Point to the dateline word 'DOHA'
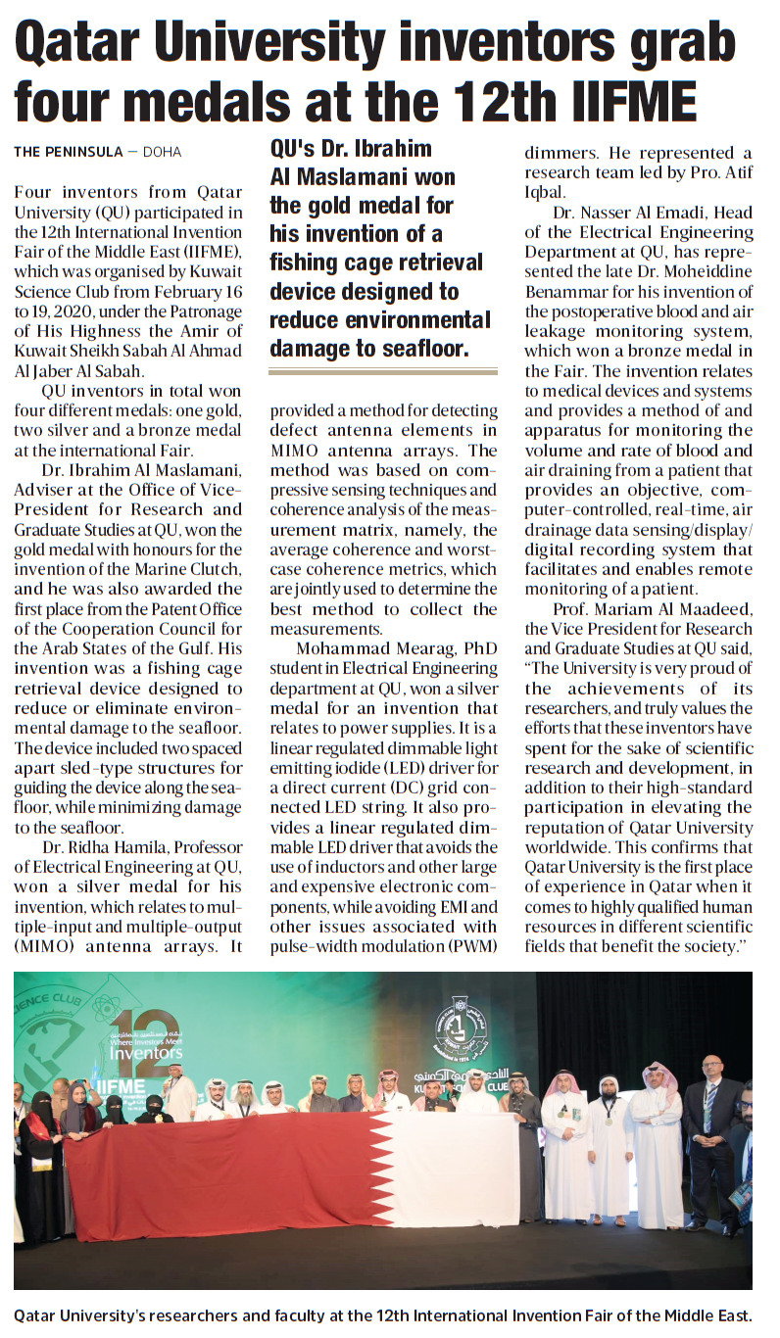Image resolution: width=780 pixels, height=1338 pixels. (162, 152)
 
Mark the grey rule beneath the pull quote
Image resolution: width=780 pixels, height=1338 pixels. (383, 372)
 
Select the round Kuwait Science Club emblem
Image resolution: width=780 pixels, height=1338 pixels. (454, 1025)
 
